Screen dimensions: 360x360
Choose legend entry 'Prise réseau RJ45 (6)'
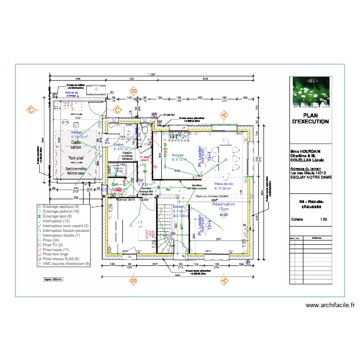[x=61, y=259]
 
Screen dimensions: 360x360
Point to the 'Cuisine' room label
[x=178, y=155]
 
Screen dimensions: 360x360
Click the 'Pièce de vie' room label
[x=224, y=184]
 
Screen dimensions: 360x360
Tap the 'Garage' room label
[x=77, y=132]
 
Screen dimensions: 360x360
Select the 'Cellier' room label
[x=119, y=144]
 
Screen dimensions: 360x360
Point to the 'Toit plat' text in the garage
[x=76, y=158]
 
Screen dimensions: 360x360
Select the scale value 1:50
[x=324, y=219]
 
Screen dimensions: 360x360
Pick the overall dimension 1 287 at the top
[x=152, y=74]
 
